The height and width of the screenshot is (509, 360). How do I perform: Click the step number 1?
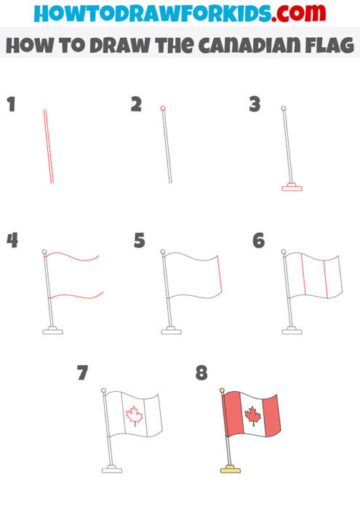11,105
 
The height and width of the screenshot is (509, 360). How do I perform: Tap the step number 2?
136,105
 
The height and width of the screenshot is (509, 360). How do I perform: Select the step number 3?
255,105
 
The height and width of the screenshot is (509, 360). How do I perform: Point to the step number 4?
12,241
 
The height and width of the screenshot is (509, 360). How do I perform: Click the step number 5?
140,241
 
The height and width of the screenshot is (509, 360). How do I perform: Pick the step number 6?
258,241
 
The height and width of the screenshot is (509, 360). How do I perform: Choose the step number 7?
82,374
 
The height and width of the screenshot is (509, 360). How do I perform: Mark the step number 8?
201,374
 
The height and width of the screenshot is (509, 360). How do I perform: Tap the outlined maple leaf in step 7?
134,415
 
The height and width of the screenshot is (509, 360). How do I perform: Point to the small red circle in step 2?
163,108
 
